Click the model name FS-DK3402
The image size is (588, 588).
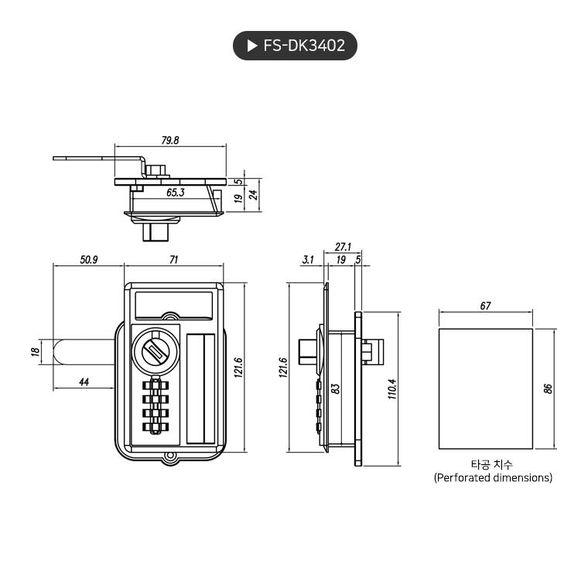click(304, 46)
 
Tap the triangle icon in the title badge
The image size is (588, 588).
click(252, 46)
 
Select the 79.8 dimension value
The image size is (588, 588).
click(170, 140)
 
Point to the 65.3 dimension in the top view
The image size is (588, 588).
click(175, 192)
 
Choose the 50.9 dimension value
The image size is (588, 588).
click(88, 260)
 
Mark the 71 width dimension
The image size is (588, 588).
click(174, 260)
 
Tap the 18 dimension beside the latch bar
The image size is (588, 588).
click(35, 352)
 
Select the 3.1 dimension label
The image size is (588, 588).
click(308, 260)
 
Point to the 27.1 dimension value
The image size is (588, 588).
click(343, 247)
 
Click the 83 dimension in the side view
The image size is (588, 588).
click(335, 388)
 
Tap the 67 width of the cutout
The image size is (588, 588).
click(485, 306)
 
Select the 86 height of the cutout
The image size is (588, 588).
click(548, 388)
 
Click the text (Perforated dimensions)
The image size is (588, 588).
click(493, 478)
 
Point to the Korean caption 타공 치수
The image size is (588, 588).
click(492, 464)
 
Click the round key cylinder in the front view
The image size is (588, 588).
click(155, 352)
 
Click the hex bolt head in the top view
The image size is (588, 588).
click(156, 169)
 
